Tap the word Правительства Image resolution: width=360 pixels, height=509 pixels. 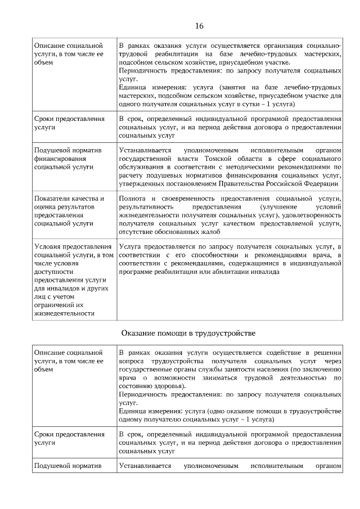coord(264,183)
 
